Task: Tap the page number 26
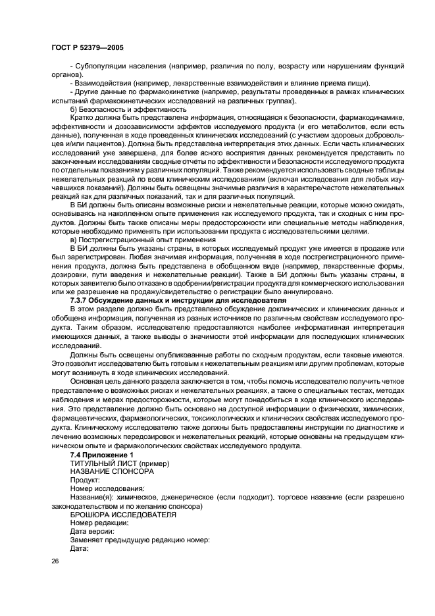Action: (x=55, y=560)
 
